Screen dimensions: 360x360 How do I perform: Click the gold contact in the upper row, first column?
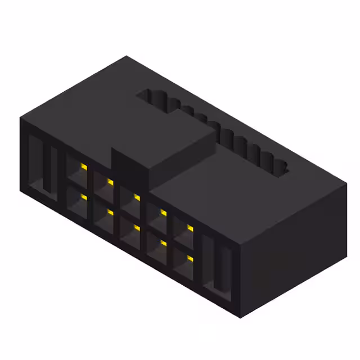click(x=83, y=167)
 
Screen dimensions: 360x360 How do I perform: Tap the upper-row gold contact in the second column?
click(x=110, y=182)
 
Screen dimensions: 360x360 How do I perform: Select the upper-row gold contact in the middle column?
click(x=137, y=197)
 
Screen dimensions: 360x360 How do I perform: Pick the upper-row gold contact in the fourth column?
click(x=163, y=212)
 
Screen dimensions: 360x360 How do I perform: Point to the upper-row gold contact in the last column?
click(x=190, y=228)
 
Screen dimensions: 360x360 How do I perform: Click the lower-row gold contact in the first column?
click(x=83, y=197)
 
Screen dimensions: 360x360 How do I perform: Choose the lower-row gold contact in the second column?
click(x=110, y=212)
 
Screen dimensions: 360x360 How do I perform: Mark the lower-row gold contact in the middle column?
click(x=137, y=227)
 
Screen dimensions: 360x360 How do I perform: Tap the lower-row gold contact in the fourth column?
click(x=163, y=242)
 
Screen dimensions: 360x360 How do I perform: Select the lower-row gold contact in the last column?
click(x=190, y=258)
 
